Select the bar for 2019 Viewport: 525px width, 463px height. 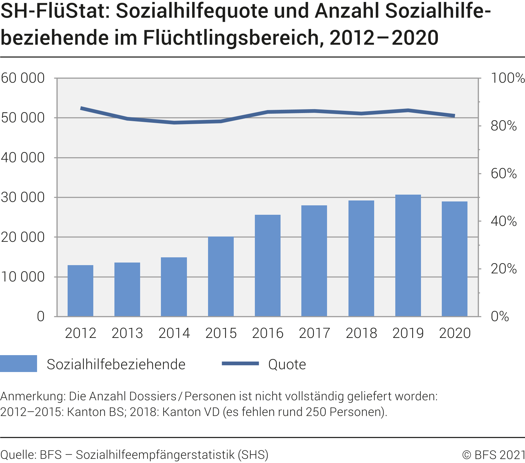[408, 256]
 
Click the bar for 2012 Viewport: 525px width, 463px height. [80, 291]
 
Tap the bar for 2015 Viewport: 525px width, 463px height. [221, 277]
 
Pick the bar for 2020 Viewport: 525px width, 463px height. [454, 259]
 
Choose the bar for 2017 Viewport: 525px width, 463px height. [314, 261]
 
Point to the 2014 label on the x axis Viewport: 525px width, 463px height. [174, 333]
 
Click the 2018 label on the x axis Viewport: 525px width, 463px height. [361, 333]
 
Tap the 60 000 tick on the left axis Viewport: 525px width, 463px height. [23, 78]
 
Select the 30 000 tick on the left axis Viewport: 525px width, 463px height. [23, 198]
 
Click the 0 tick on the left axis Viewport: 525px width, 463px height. [41, 316]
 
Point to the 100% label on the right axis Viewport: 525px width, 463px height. [507, 78]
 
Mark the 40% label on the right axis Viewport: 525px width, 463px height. [504, 222]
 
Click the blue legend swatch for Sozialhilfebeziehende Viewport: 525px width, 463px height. [19, 364]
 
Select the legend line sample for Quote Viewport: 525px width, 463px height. [240, 364]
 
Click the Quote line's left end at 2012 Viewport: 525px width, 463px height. [81, 108]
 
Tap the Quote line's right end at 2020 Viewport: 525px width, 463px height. [454, 116]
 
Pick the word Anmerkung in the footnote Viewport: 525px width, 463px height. [32, 396]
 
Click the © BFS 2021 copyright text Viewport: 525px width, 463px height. [493, 455]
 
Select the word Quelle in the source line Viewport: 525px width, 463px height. [18, 455]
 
